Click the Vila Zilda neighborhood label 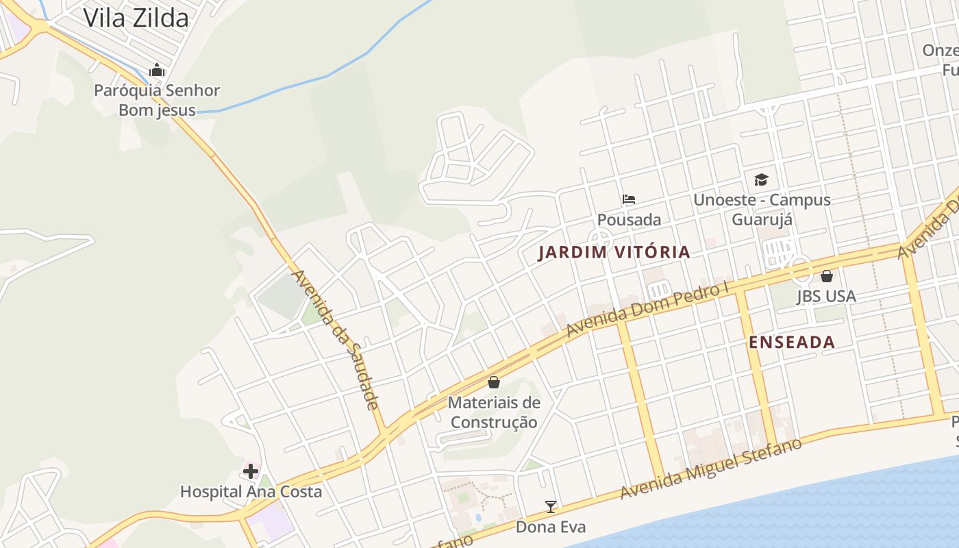click(x=136, y=18)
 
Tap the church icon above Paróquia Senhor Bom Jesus click(x=157, y=70)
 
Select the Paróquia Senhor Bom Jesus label click(x=157, y=100)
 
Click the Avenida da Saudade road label click(x=336, y=340)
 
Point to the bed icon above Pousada click(x=629, y=199)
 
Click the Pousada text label click(x=629, y=220)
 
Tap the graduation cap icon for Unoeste click(x=761, y=179)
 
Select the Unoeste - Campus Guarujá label click(x=762, y=210)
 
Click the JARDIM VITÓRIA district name click(x=614, y=253)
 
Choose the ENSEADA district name click(x=792, y=342)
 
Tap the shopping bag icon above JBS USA click(x=827, y=276)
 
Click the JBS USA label click(x=826, y=297)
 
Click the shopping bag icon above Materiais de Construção click(x=493, y=382)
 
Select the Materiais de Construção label click(x=494, y=412)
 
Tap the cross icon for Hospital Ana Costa click(x=251, y=471)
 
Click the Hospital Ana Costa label click(x=251, y=492)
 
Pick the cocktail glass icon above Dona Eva click(x=550, y=507)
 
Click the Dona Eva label click(x=550, y=527)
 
